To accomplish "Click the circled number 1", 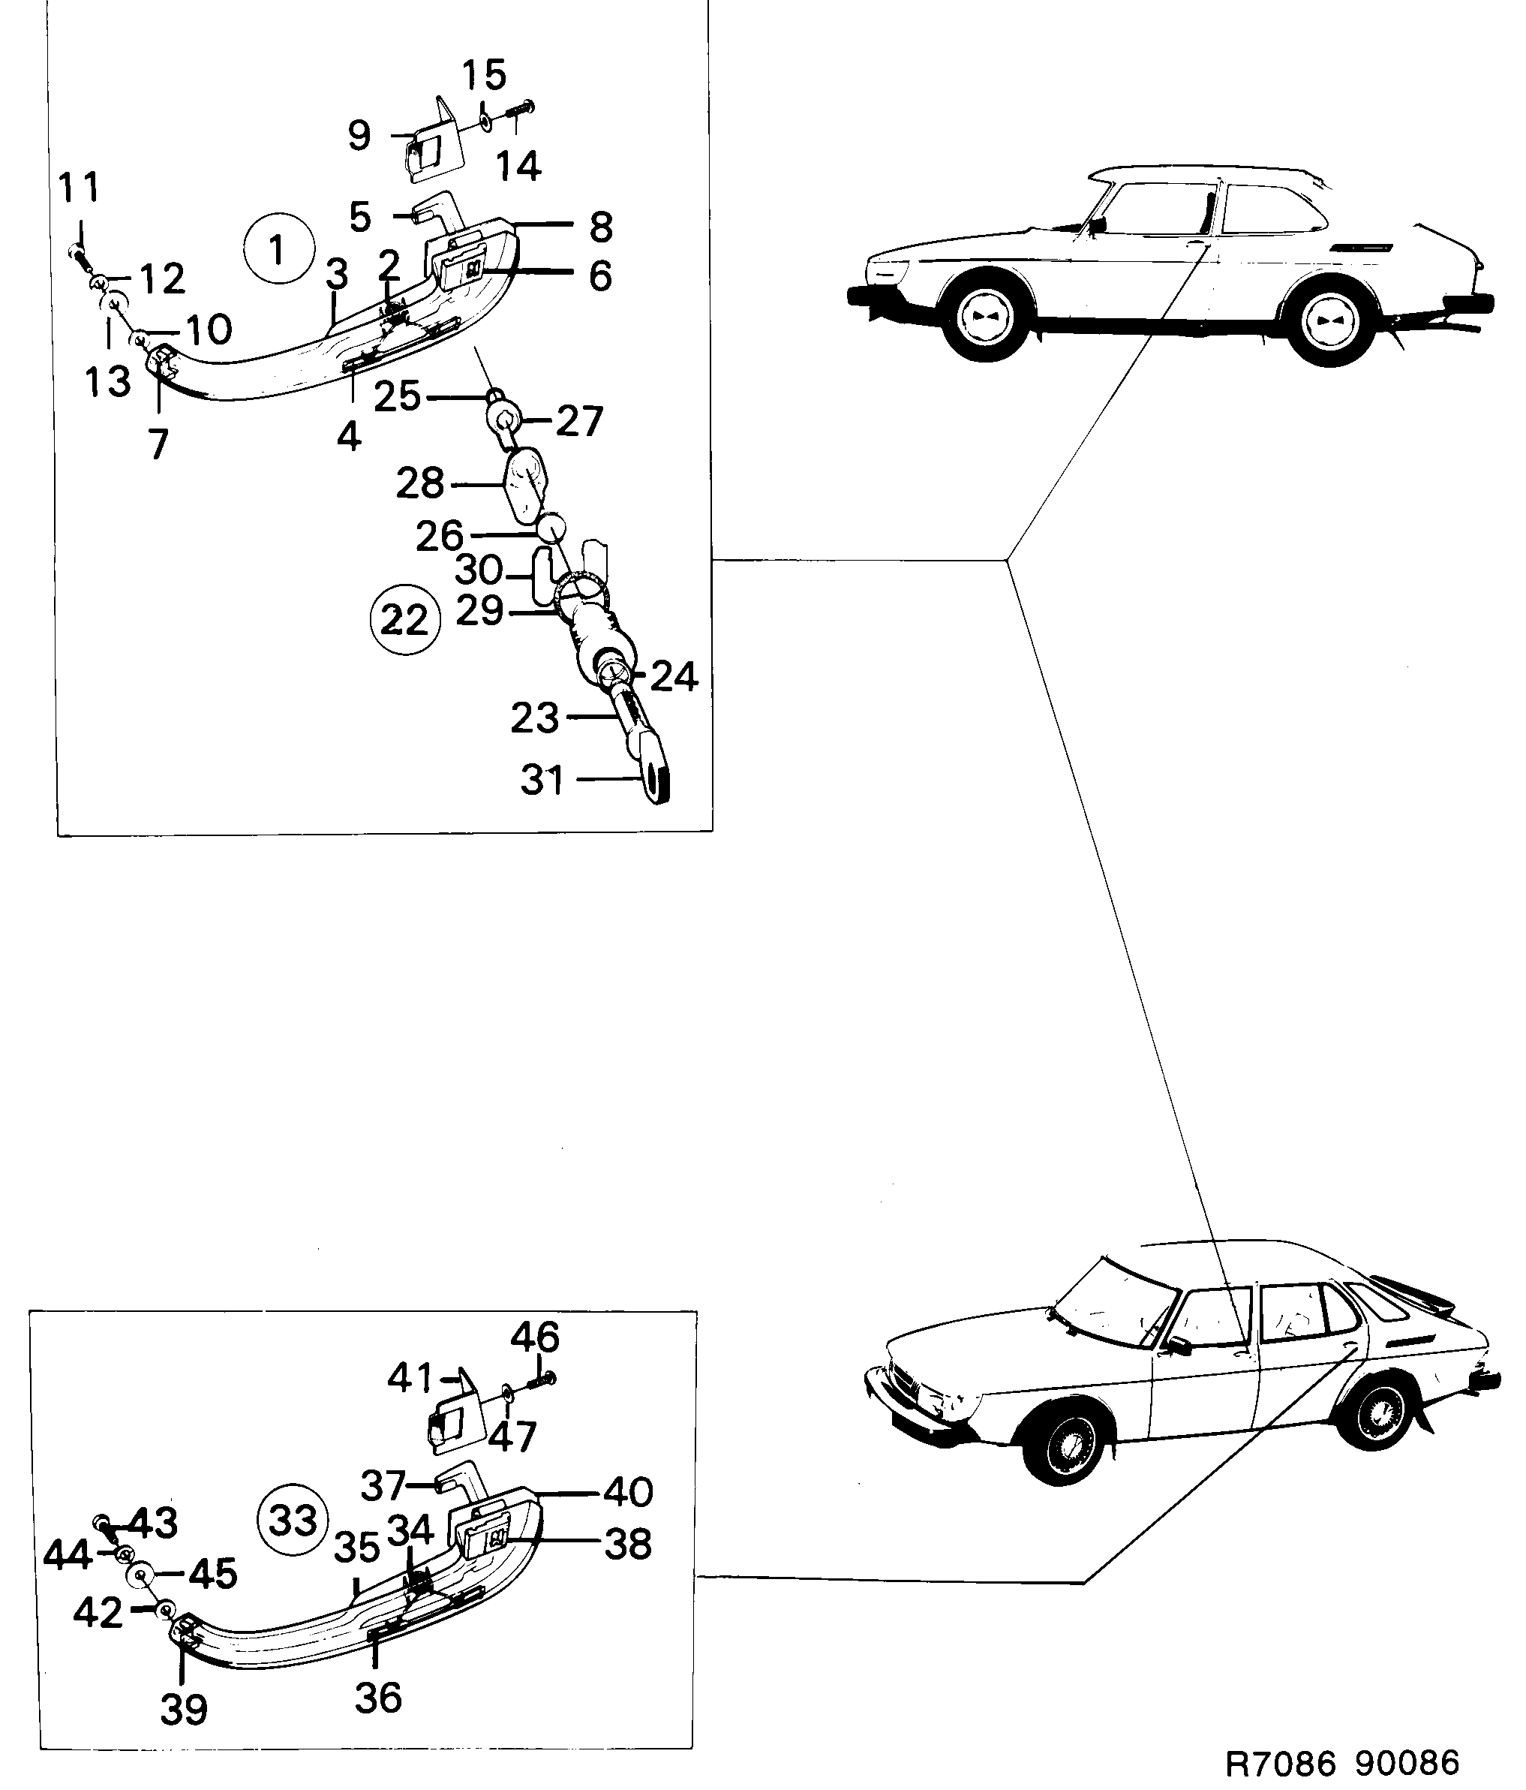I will pos(278,250).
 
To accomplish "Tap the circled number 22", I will pos(404,619).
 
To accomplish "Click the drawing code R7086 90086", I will pos(1342,1762).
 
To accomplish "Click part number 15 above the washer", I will pos(484,76).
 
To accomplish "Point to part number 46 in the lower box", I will pos(535,1337).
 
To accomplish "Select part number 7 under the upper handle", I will pos(158,444).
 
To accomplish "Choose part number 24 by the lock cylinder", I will pos(674,676).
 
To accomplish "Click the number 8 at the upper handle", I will pos(601,227).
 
